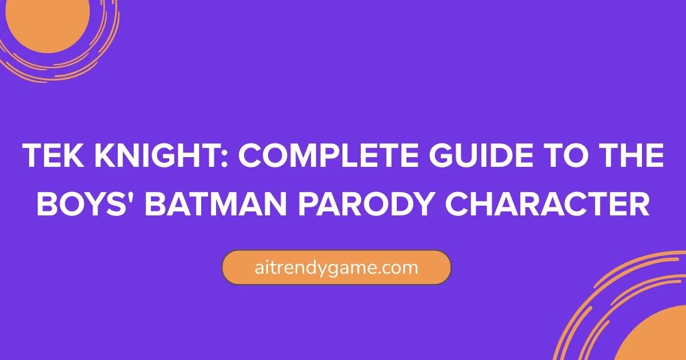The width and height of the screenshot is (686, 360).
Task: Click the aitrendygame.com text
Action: pos(336,267)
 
